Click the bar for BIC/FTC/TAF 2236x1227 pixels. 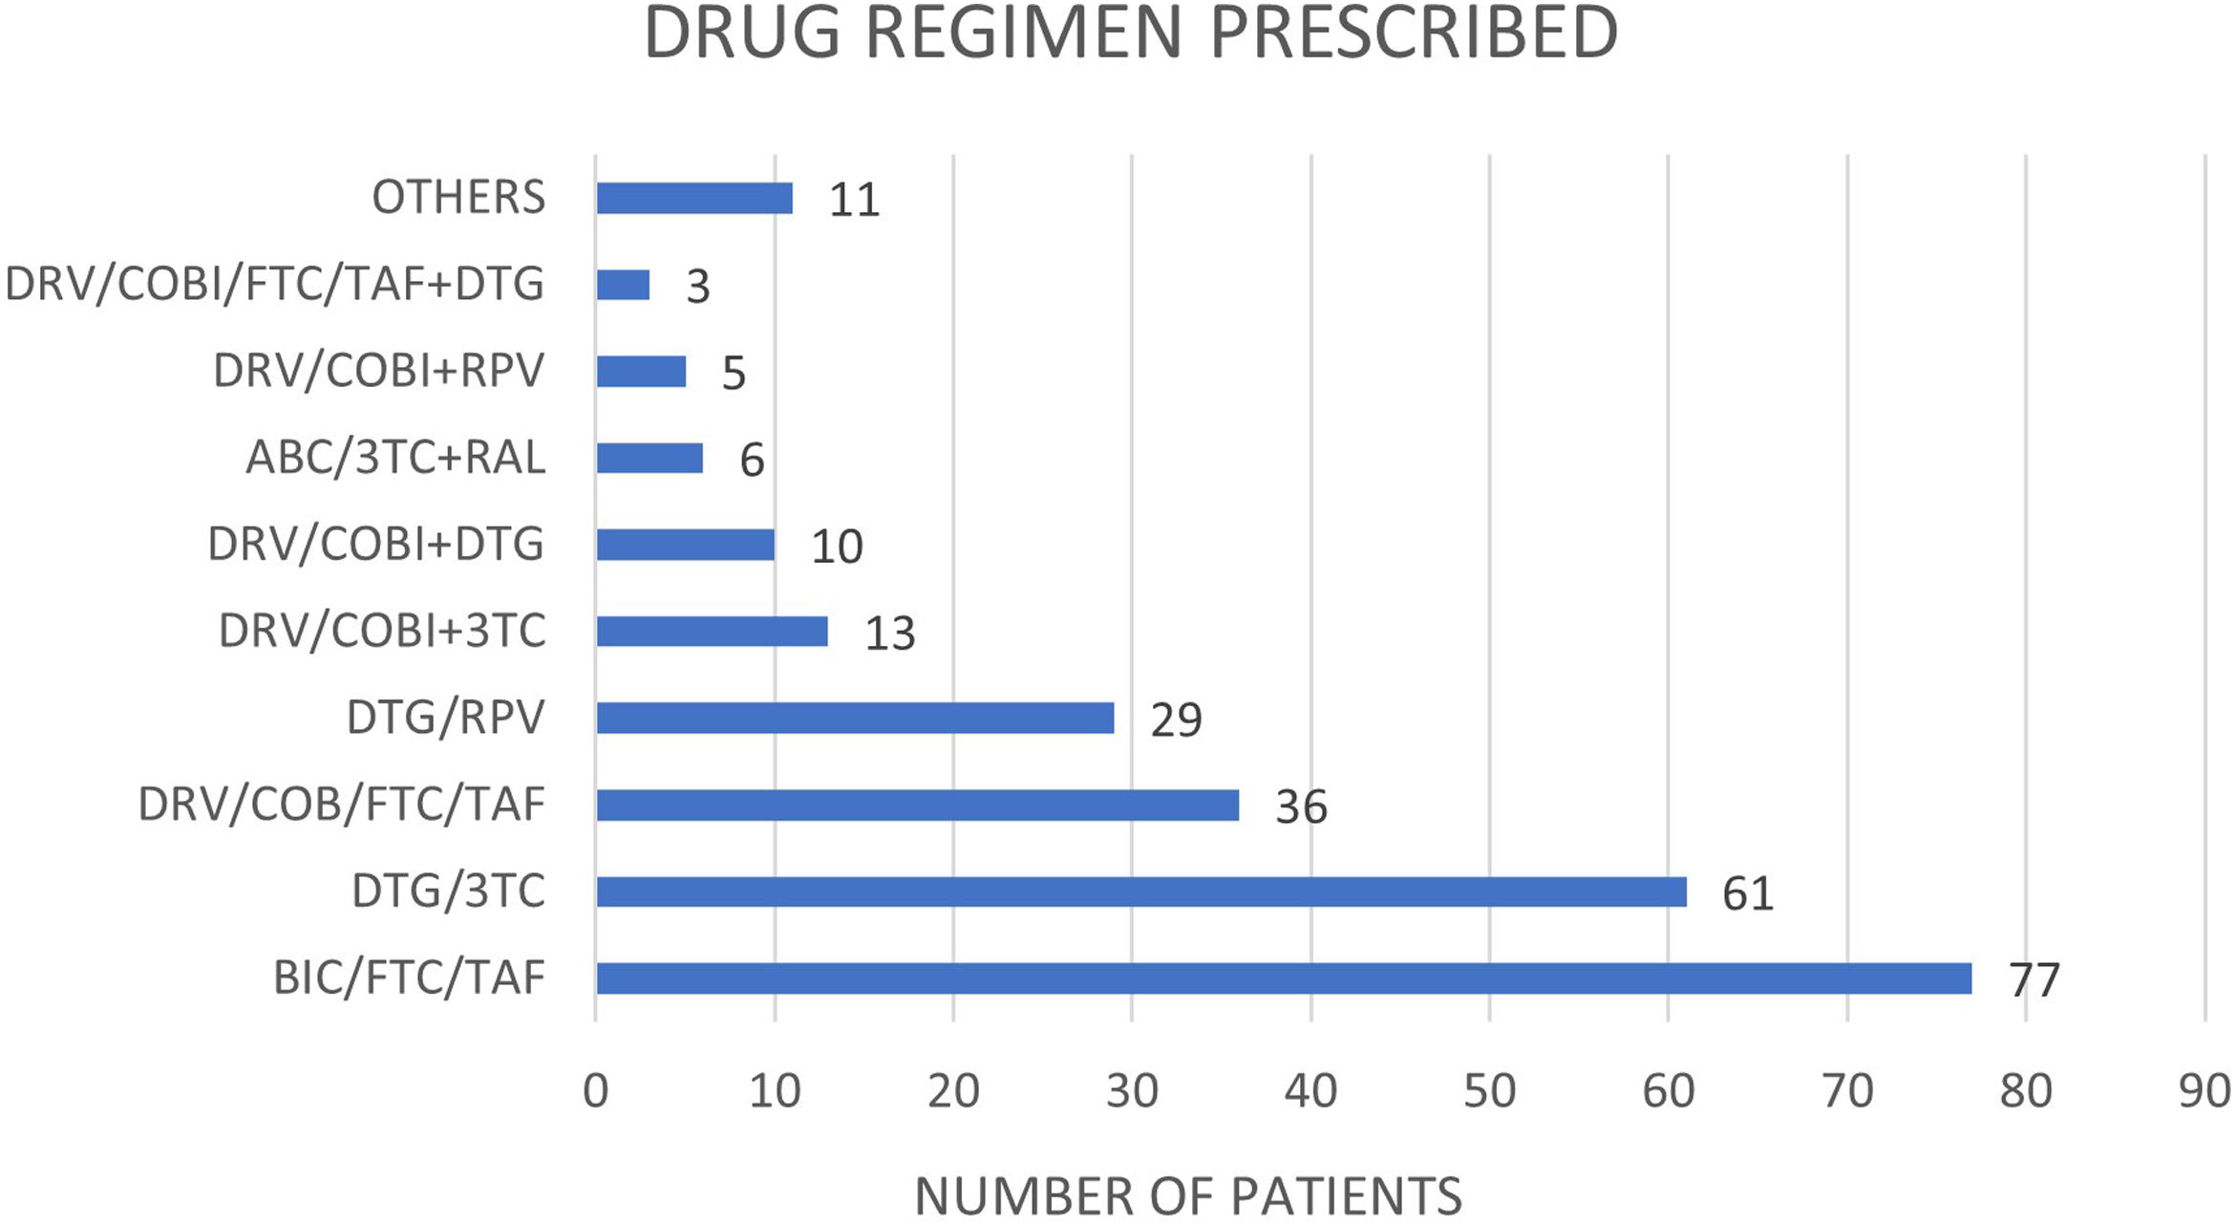tap(1284, 979)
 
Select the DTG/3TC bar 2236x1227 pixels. tap(1141, 892)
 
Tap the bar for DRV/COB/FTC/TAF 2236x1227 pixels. tap(917, 805)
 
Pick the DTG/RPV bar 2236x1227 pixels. tap(855, 718)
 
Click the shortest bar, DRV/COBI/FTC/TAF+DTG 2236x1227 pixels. tap(623, 285)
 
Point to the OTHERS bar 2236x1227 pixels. tap(694, 198)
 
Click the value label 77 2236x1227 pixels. tap(2034, 980)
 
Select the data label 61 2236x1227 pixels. tap(1747, 893)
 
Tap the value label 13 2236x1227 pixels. tap(889, 634)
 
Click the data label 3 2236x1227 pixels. tap(698, 287)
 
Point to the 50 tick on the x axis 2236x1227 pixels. tap(1489, 1090)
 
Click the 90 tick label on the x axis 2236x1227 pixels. tap(2204, 1090)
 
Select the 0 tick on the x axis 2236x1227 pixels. tap(595, 1090)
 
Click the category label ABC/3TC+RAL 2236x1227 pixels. tap(395, 458)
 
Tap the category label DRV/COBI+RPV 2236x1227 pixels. tap(378, 371)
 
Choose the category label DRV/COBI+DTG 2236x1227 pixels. tap(375, 545)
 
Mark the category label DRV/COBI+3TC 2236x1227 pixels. tap(382, 631)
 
